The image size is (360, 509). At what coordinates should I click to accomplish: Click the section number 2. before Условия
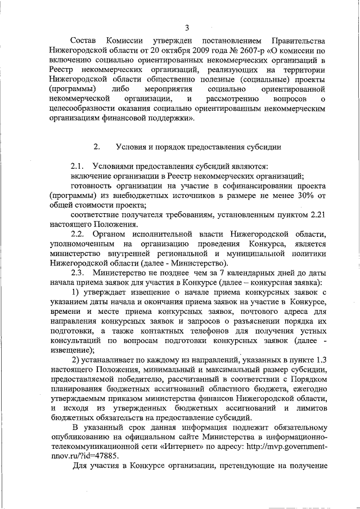click(96, 147)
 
